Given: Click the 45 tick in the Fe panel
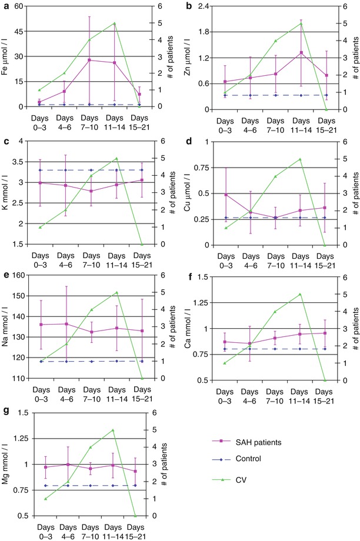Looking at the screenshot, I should (18, 31).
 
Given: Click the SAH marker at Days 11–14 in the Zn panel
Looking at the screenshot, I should (301, 52).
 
